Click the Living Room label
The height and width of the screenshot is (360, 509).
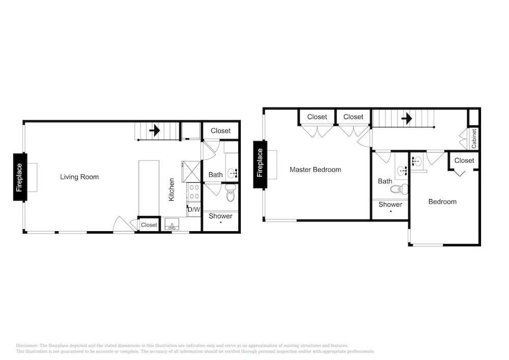point(79,177)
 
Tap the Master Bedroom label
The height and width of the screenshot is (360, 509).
point(315,170)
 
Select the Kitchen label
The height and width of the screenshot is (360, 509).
point(172,189)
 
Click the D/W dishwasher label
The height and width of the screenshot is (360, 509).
point(194,209)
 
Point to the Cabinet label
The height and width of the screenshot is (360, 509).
point(474,139)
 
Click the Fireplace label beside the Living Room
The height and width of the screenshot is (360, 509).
point(19,177)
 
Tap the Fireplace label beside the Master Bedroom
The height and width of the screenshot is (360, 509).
point(260,162)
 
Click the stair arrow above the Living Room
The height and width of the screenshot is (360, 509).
point(155,131)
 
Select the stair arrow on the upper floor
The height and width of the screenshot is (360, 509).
point(407,119)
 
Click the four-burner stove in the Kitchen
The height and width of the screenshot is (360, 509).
point(194,192)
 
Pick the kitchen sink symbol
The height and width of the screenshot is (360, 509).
point(172,224)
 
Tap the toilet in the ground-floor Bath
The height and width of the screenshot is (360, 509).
point(231,193)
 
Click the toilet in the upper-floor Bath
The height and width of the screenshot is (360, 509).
point(399,188)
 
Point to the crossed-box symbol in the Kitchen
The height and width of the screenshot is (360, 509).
point(191,172)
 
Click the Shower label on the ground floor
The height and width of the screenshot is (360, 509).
point(220,216)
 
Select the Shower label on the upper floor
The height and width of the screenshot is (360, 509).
point(390,205)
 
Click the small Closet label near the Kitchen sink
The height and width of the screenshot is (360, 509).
point(149,225)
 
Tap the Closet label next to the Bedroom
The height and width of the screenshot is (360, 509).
point(464,160)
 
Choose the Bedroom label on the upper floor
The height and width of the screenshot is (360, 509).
point(442,202)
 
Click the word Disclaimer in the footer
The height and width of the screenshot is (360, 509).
point(27,346)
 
